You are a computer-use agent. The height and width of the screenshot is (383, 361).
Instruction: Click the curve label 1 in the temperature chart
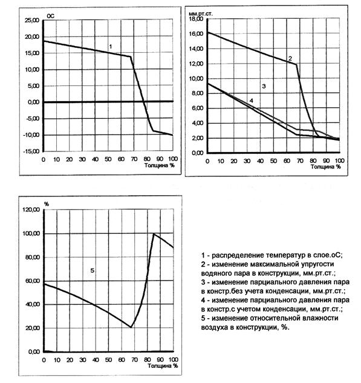(111, 47)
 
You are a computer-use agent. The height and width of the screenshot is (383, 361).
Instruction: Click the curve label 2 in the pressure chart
(290, 59)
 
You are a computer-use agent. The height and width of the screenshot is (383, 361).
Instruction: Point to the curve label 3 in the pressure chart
(264, 86)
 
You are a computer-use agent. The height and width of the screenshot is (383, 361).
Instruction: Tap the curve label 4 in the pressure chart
(252, 101)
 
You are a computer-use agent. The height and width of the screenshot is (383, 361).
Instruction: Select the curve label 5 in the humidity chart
(92, 271)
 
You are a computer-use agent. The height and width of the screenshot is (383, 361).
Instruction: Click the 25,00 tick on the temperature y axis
(31, 20)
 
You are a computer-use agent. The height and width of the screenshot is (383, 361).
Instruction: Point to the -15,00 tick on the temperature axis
(31, 151)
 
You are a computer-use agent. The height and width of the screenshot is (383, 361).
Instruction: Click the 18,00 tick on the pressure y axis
(196, 19)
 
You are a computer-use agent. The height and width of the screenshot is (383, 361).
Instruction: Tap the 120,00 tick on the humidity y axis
(31, 210)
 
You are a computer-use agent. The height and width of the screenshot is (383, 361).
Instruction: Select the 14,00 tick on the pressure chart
(196, 49)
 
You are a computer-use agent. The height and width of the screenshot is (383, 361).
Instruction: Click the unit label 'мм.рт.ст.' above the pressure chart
(201, 14)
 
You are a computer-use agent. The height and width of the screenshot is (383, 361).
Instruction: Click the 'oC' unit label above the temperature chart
(51, 16)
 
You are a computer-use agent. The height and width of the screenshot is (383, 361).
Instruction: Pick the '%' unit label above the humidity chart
(47, 204)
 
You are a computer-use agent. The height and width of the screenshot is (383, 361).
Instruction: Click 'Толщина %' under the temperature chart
(160, 165)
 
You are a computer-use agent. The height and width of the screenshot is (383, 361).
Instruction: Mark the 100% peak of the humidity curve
(154, 234)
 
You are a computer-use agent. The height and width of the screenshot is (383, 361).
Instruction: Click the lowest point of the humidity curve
(131, 327)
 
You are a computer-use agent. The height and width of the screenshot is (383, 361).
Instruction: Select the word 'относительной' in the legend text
(274, 319)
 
